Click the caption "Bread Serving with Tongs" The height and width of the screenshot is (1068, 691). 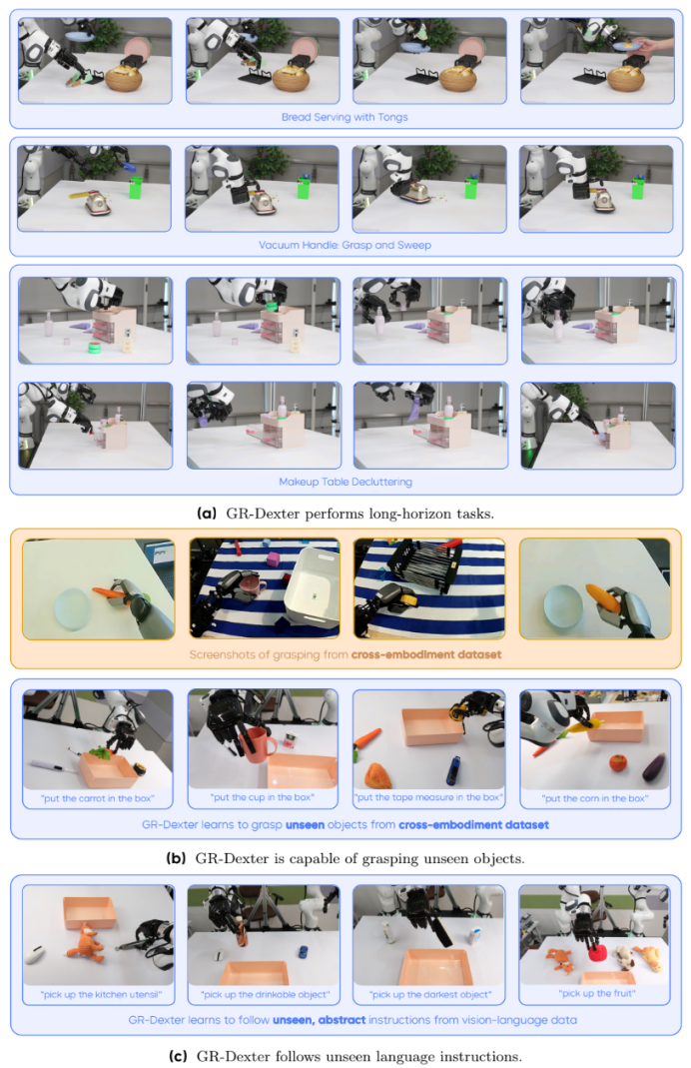[345, 117]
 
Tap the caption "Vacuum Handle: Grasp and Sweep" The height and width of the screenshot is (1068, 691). [345, 245]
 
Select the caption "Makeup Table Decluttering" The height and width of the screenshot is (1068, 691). [345, 483]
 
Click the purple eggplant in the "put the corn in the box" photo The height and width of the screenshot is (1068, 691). [653, 766]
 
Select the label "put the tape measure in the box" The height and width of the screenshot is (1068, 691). [429, 797]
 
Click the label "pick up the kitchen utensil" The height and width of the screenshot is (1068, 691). [101, 994]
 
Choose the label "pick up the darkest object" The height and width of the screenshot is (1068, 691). [430, 994]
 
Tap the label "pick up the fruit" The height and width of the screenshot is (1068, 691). [597, 993]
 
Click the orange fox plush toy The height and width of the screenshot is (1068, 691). [89, 942]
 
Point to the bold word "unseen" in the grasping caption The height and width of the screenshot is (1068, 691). [305, 825]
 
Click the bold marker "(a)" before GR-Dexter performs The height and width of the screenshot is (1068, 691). [207, 514]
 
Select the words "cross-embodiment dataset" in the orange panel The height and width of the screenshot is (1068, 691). [426, 654]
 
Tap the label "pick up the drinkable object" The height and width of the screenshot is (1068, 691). [266, 994]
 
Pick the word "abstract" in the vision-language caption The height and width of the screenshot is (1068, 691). [342, 1020]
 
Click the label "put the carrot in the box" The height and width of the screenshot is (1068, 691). [97, 798]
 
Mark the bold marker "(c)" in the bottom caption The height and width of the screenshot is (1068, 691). [178, 1056]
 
